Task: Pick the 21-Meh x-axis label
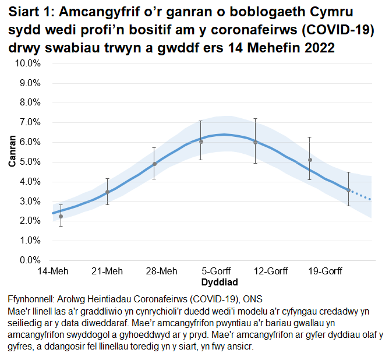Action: point(107,271)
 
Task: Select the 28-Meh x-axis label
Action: point(161,271)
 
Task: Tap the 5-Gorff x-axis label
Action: point(218,271)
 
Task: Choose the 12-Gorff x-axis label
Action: point(271,271)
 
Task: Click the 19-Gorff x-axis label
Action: point(325,271)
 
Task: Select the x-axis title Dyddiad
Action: point(218,283)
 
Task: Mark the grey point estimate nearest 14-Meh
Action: point(61,216)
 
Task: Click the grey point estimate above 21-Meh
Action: point(107,192)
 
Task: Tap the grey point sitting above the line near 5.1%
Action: point(310,160)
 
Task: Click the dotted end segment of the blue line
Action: point(361,196)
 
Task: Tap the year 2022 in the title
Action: point(317,48)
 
